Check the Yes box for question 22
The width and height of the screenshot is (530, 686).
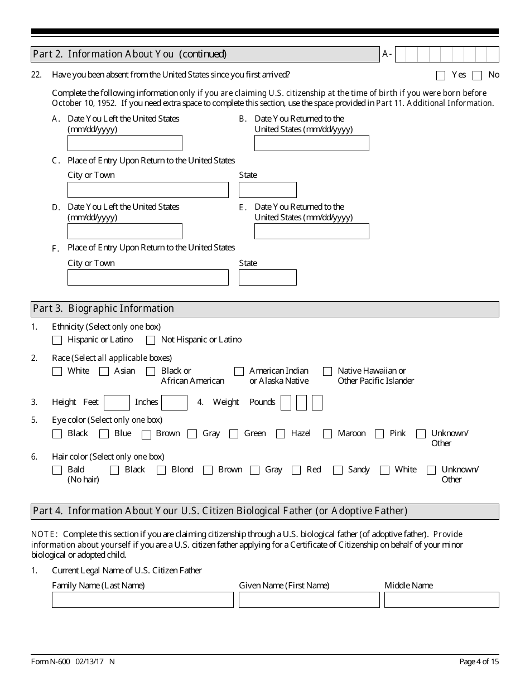click(x=441, y=75)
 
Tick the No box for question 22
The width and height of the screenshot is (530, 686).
click(x=477, y=75)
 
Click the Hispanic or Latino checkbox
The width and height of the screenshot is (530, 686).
click(x=57, y=340)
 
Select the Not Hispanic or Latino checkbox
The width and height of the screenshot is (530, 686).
click(x=151, y=340)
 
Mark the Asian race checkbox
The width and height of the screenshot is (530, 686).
click(x=104, y=371)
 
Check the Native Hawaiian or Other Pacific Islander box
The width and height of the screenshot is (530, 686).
click(x=327, y=371)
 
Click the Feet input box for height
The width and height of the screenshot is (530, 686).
click(x=117, y=403)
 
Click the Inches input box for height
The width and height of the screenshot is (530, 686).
click(x=174, y=403)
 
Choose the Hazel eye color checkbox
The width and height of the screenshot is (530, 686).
click(x=281, y=434)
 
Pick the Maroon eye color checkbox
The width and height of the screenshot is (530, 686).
click(x=327, y=434)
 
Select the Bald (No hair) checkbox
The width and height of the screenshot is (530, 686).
click(x=57, y=470)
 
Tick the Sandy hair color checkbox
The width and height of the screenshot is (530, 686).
click(x=338, y=470)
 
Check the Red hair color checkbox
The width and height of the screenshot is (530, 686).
click(x=296, y=470)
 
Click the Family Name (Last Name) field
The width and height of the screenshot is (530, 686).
click(x=142, y=600)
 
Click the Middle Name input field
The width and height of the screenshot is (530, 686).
click(x=441, y=600)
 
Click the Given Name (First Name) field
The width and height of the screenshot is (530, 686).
click(x=309, y=600)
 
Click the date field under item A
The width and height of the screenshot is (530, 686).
click(x=124, y=143)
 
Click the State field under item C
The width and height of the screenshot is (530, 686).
click(x=267, y=190)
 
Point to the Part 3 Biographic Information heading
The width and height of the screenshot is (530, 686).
click(x=104, y=308)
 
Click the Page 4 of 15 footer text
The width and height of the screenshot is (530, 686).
click(x=479, y=662)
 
